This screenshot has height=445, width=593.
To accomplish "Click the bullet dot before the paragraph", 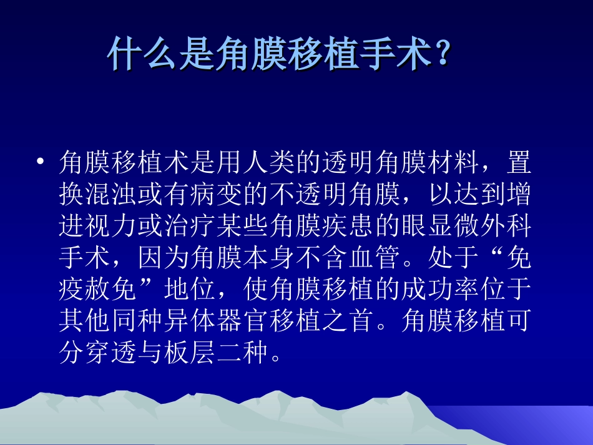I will click(41, 162).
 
